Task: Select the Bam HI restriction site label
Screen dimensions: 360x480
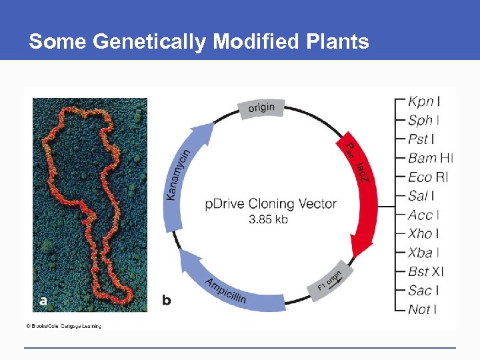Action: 430,158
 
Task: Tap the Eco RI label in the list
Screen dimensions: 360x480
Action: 428,177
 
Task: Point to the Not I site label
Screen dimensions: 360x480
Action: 422,309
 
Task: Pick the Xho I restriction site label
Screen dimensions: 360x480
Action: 423,233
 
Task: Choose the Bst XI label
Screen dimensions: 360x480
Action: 426,271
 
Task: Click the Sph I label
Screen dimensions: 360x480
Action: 423,121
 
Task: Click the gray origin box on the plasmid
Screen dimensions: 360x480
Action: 261,108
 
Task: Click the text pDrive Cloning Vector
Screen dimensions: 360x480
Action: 270,204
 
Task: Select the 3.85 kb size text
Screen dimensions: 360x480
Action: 268,219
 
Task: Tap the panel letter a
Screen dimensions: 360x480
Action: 43,301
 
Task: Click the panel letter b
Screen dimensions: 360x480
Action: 166,301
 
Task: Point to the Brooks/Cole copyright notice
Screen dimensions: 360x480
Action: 63,326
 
